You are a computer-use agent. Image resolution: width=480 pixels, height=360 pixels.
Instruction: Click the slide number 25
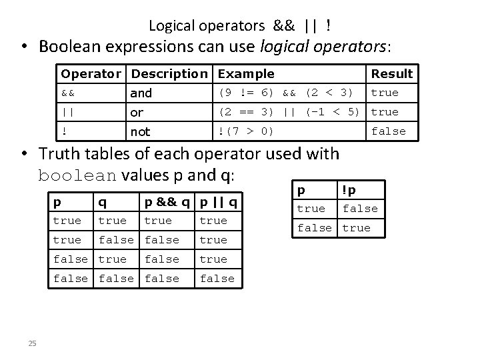32,343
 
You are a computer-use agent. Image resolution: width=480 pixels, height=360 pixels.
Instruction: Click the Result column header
391,74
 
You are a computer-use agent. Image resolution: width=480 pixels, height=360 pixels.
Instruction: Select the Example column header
246,74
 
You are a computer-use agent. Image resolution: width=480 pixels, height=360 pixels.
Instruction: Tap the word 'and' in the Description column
141,93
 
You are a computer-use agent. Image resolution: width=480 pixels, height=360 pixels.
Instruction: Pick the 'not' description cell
141,132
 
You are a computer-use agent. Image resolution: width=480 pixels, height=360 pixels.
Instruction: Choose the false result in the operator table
388,131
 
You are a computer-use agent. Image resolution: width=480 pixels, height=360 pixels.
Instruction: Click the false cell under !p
360,209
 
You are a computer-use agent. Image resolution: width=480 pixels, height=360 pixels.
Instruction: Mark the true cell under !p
356,228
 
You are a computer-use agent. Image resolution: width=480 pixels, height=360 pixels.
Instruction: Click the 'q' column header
101,201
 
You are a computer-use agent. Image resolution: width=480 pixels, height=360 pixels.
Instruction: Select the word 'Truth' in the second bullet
61,154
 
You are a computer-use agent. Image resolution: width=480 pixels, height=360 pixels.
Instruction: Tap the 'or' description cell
137,113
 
